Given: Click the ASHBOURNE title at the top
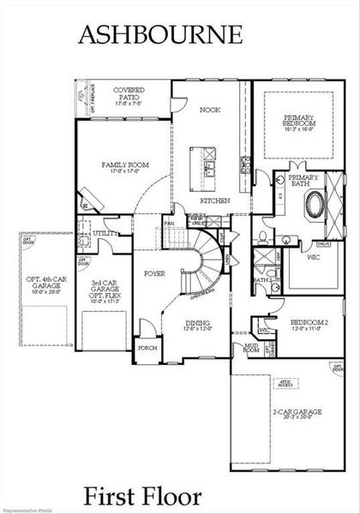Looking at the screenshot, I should click(x=160, y=34).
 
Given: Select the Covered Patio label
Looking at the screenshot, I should click(x=129, y=95).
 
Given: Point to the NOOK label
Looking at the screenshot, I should click(x=211, y=111).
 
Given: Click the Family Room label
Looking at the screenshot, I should click(x=122, y=167).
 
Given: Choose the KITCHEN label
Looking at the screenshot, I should click(x=214, y=200).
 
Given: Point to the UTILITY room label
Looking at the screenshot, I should click(x=106, y=233).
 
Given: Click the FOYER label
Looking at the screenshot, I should click(x=154, y=274).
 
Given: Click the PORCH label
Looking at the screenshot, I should click(x=147, y=349).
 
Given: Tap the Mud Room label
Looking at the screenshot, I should click(x=251, y=350).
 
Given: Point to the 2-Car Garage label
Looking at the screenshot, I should click(x=297, y=415).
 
